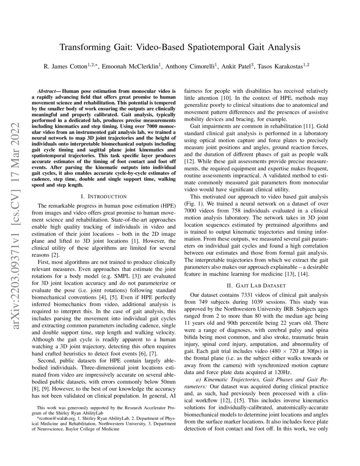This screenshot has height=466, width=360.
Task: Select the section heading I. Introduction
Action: tap(104, 196)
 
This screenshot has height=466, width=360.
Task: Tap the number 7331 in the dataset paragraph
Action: tap(246, 294)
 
